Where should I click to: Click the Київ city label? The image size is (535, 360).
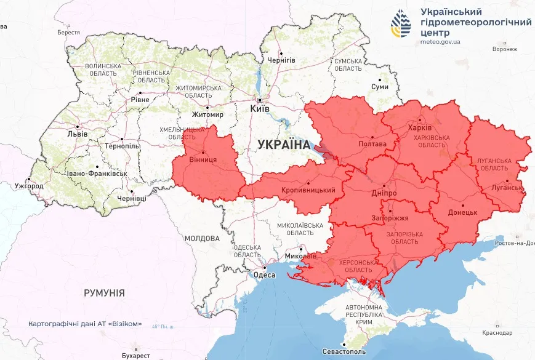[x=260, y=108]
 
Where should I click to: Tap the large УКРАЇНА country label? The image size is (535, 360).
[x=284, y=144]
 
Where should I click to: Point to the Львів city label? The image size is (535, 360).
[x=78, y=134]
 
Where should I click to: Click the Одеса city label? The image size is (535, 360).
[x=265, y=275]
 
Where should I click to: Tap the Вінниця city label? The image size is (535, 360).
[x=203, y=159]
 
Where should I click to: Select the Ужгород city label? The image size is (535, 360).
[x=29, y=186]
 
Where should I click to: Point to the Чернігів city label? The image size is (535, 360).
[x=281, y=60]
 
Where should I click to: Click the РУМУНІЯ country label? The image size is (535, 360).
[x=104, y=293]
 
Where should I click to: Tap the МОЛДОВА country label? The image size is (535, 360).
[x=201, y=238]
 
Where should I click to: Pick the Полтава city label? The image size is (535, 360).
[x=372, y=144]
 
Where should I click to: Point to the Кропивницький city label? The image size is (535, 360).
[x=308, y=190]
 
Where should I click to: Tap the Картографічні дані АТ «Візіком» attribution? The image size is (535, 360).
[x=85, y=324]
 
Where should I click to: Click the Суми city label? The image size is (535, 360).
[x=380, y=87]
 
